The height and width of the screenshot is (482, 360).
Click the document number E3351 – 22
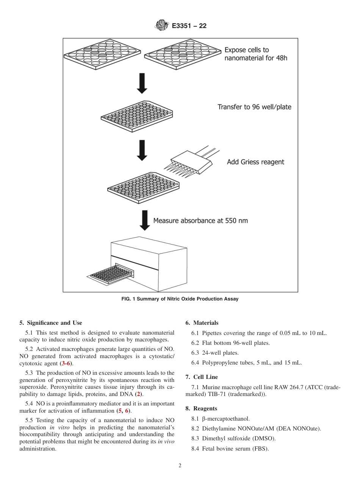coord(189,26)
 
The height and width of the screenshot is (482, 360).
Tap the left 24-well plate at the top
coord(102,54)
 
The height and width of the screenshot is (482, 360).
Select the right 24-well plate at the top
coord(183,54)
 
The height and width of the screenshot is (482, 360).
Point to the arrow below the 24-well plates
coord(142,85)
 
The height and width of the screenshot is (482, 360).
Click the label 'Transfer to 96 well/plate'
coord(254,107)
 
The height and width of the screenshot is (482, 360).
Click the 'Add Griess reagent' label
coord(255,162)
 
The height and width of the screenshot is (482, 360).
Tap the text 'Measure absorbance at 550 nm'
coord(200,220)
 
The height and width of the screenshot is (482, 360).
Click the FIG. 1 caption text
coord(180,299)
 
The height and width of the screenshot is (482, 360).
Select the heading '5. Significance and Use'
coord(50,323)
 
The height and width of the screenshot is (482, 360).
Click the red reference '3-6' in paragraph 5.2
coord(66,363)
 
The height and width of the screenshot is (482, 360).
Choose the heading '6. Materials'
coord(202,323)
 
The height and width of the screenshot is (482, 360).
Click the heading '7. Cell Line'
coord(202,377)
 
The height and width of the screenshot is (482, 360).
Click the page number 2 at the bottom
coord(180,466)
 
